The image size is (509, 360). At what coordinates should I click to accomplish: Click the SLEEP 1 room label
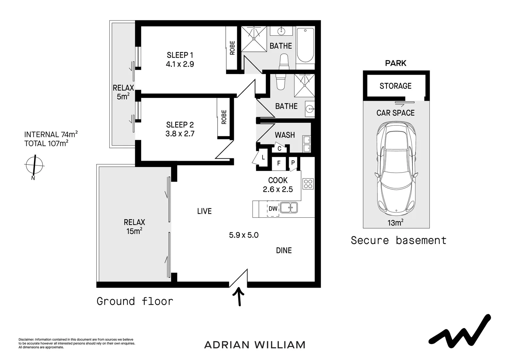pyautogui.click(x=180, y=55)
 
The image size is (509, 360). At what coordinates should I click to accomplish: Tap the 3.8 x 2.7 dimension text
pyautogui.click(x=180, y=134)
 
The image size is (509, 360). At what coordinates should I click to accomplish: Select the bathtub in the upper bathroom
pyautogui.click(x=305, y=46)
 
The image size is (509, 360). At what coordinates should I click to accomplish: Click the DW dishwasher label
pyautogui.click(x=273, y=209)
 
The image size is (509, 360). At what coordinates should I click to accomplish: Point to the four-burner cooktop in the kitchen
pyautogui.click(x=308, y=184)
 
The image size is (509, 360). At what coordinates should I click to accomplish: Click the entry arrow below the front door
pyautogui.click(x=239, y=296)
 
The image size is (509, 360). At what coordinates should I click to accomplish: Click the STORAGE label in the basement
pyautogui.click(x=395, y=86)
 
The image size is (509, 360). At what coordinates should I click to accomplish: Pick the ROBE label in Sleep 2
pyautogui.click(x=224, y=117)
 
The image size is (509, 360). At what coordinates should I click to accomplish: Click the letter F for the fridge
pyautogui.click(x=279, y=163)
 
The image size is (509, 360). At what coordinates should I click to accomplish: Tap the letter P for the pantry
pyautogui.click(x=293, y=163)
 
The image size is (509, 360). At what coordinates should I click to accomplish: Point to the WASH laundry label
pyautogui.click(x=285, y=135)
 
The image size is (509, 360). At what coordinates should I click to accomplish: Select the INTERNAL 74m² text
pyautogui.click(x=51, y=135)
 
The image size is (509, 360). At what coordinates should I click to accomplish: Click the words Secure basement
pyautogui.click(x=398, y=240)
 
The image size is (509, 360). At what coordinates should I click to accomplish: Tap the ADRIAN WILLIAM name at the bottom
pyautogui.click(x=255, y=345)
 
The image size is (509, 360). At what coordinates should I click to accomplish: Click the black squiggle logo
pyautogui.click(x=460, y=331)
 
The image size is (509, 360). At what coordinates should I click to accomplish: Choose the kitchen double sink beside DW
pyautogui.click(x=289, y=208)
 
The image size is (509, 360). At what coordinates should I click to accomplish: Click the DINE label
pyautogui.click(x=284, y=250)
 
